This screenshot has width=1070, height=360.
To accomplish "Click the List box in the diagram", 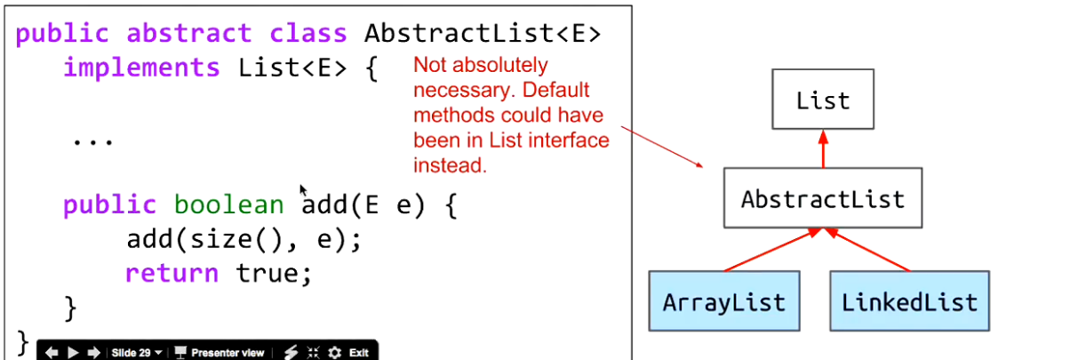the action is click(823, 99).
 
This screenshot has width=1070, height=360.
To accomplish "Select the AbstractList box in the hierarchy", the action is click(823, 197).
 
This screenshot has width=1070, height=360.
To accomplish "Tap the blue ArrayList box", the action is click(724, 301).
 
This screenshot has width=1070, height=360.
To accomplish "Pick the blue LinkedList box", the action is click(909, 301).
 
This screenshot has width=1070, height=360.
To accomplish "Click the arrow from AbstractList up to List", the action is click(823, 148).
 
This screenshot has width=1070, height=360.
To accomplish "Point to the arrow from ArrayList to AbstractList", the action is click(772, 250).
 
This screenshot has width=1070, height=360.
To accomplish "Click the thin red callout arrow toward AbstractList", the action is click(662, 147).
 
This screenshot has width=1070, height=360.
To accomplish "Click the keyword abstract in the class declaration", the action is click(189, 34).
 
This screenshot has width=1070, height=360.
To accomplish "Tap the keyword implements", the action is click(141, 68).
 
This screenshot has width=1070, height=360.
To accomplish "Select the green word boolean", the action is click(228, 204).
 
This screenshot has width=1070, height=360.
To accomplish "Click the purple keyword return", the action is click(172, 274).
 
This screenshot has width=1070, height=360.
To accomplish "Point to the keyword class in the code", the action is click(308, 34).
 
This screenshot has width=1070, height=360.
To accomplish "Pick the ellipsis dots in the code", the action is click(92, 141).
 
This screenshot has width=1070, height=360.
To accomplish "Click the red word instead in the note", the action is click(450, 165).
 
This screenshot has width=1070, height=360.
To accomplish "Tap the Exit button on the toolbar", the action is click(358, 353).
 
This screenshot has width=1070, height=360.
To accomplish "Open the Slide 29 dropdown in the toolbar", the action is click(136, 353).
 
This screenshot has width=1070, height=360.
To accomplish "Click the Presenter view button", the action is click(220, 353).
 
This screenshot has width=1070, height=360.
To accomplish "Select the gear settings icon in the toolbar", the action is click(335, 353).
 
